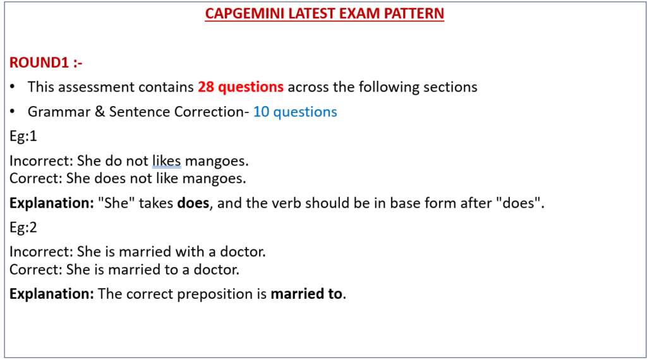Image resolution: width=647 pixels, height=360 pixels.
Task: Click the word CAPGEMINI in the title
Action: [x=245, y=14]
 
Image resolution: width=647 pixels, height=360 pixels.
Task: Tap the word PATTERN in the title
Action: [x=414, y=14]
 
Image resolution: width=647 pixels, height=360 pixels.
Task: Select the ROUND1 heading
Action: [x=45, y=63]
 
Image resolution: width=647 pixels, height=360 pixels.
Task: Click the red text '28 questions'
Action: [x=241, y=87]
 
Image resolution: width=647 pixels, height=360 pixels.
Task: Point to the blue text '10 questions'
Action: [x=295, y=112]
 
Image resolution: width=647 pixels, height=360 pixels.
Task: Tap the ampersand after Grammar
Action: [x=100, y=112]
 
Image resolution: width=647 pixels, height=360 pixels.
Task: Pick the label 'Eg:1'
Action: [x=23, y=136]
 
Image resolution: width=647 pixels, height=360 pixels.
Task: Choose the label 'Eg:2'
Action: [x=23, y=227]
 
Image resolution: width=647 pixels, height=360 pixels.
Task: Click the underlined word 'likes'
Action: [x=167, y=160]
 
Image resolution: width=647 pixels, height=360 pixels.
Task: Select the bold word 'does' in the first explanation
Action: [x=193, y=203]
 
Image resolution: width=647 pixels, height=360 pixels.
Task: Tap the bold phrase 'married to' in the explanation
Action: [x=306, y=294]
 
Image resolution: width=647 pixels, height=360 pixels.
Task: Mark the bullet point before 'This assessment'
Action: [x=13, y=87]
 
